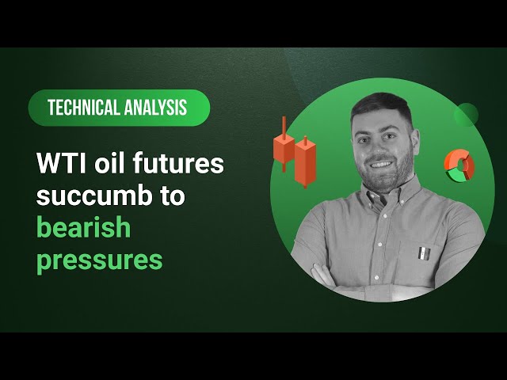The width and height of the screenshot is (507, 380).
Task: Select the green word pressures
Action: pos(99,260)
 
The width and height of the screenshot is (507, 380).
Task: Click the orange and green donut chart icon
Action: pos(458,164)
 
